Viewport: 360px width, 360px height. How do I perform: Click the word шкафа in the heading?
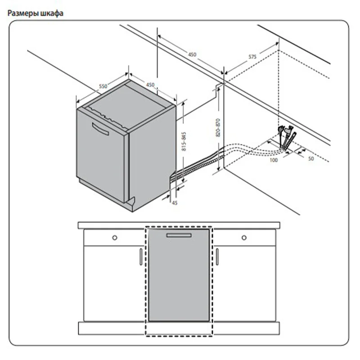coord(52,13)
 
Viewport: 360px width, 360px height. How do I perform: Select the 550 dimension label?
coord(103,86)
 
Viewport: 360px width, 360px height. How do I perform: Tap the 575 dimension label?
coord(252,57)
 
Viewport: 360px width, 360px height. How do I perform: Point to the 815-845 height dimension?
coord(184,141)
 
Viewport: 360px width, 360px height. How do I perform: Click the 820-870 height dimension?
coord(218,128)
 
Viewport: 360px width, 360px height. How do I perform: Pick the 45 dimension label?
coord(175,203)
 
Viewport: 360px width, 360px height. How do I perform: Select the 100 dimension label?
coord(274,160)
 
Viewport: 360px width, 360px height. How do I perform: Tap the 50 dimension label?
coord(310,159)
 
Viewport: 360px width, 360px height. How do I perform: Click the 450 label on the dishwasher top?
coord(150,85)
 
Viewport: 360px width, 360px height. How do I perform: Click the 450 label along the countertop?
coord(192,54)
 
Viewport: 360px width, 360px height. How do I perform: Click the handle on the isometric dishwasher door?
coord(100,129)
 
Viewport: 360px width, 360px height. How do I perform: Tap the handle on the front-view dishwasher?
coord(179,235)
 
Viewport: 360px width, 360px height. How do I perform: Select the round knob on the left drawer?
coord(115,238)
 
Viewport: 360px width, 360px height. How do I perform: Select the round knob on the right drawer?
coord(244,238)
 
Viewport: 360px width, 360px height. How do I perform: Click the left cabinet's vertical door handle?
coord(141,256)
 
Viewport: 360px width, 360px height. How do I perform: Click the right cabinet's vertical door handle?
coord(217,256)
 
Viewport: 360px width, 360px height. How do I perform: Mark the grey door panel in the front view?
coord(179,275)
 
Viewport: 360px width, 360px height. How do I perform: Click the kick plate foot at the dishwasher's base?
coord(130,203)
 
